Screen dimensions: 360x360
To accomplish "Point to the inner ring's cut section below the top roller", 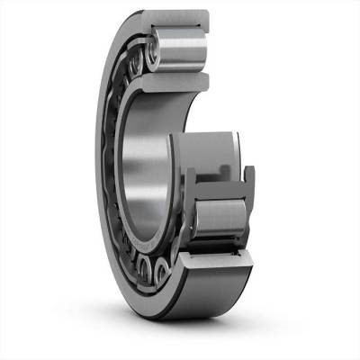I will click(175, 80).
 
